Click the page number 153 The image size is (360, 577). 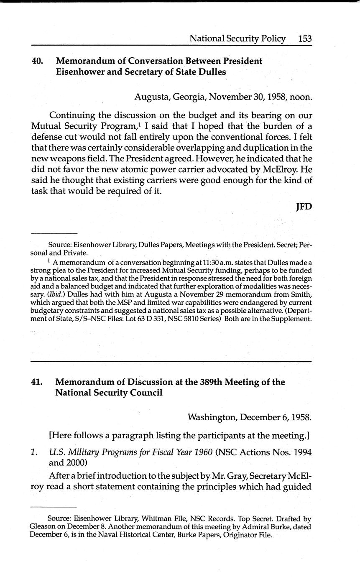point(305,39)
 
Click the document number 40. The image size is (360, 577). point(37,61)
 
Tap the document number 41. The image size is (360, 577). point(37,382)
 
